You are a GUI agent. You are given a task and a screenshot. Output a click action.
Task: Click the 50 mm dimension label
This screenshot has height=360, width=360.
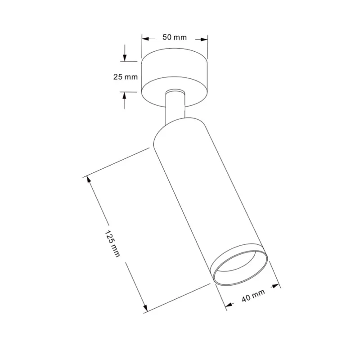click(175, 37)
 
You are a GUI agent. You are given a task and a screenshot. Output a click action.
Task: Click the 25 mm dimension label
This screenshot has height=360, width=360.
click(125, 77)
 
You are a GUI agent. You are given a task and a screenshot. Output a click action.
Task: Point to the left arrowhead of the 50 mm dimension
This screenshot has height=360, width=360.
click(145, 38)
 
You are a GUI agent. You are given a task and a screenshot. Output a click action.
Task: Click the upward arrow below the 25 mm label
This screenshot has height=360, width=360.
click(125, 95)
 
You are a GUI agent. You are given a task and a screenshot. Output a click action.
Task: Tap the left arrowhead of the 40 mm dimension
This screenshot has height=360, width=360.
click(229, 306)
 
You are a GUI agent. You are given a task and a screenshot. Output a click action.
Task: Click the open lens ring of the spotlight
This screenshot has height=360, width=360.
click(240, 265)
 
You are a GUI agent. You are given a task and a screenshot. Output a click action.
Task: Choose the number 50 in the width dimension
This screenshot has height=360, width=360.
click(167, 37)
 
